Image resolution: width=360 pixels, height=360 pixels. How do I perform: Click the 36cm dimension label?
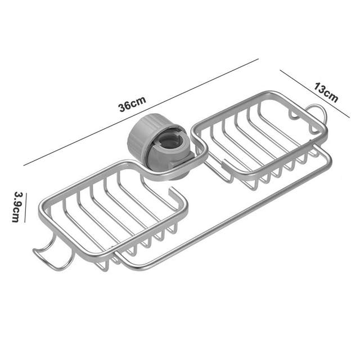(132, 104)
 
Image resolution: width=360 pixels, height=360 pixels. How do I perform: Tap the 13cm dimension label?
(326, 92)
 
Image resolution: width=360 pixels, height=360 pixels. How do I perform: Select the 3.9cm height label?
(17, 207)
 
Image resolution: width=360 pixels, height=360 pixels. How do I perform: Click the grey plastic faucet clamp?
(159, 145)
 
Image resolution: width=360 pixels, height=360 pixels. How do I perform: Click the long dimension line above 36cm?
(141, 112)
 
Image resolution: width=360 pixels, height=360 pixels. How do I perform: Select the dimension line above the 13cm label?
(314, 94)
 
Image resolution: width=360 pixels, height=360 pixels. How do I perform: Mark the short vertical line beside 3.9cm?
(25, 208)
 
